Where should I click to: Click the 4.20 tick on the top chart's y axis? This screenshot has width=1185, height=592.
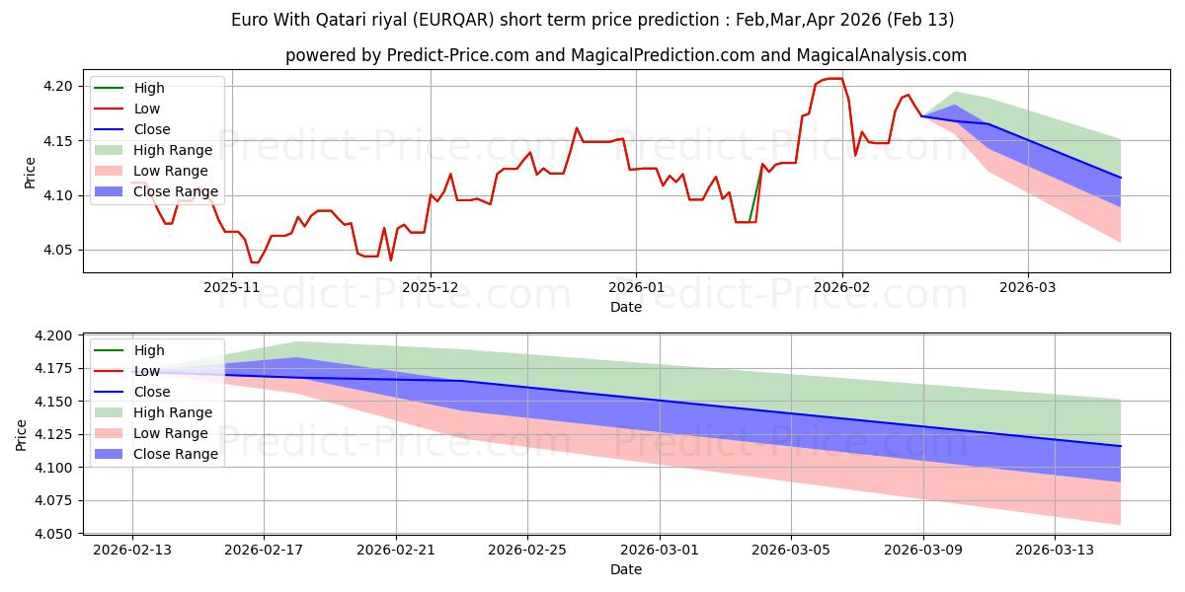(57, 87)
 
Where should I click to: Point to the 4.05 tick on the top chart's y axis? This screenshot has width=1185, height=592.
(57, 251)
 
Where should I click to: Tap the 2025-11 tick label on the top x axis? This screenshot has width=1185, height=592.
(232, 287)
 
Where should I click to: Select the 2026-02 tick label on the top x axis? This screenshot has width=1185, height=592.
(842, 287)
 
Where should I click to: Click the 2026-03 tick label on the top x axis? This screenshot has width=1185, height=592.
(1028, 287)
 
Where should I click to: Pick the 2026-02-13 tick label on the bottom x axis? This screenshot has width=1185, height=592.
(132, 549)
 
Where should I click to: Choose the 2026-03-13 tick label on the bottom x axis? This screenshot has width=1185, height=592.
(1055, 549)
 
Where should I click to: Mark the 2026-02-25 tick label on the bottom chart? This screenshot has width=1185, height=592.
(527, 549)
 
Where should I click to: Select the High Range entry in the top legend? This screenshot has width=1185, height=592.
(173, 150)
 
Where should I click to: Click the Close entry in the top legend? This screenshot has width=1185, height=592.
(152, 129)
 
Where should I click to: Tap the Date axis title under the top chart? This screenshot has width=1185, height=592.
(626, 307)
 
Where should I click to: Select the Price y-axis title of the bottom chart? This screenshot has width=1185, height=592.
(22, 434)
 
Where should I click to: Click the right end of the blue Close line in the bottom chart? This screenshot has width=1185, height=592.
(1120, 446)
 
